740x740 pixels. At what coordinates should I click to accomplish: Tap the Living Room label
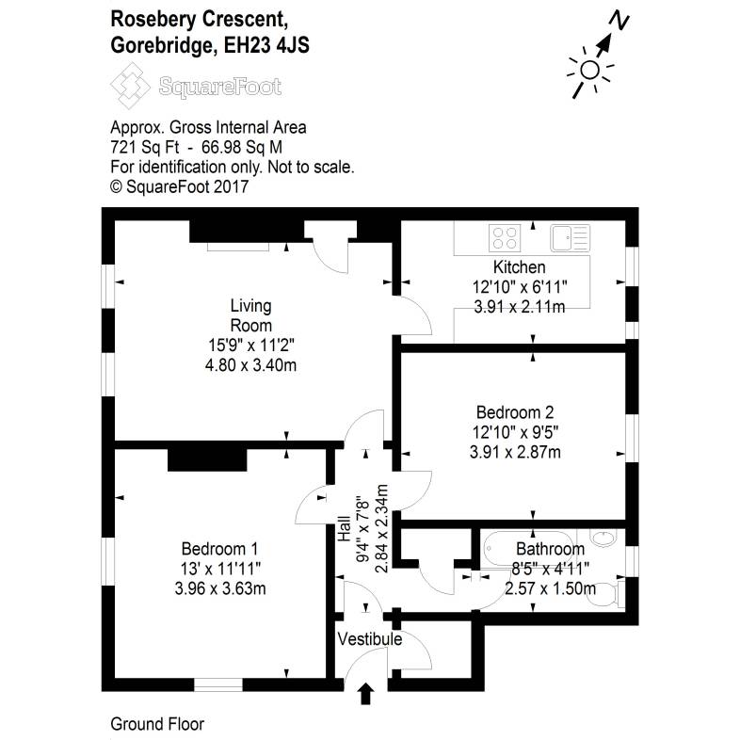pos(250,315)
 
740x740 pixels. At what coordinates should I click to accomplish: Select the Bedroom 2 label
pos(514,411)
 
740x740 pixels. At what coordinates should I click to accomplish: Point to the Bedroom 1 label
pos(220,549)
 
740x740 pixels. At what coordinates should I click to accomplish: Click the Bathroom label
pos(550,549)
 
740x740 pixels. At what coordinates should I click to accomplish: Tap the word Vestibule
pos(370,639)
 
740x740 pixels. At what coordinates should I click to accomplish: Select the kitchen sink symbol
pos(570,236)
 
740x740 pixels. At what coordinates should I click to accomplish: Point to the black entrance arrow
pos(366,695)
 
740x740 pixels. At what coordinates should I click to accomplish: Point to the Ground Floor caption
pos(157,724)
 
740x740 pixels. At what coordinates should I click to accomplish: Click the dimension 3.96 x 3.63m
pos(221,590)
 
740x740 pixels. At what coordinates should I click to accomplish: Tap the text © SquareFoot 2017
pos(179,186)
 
